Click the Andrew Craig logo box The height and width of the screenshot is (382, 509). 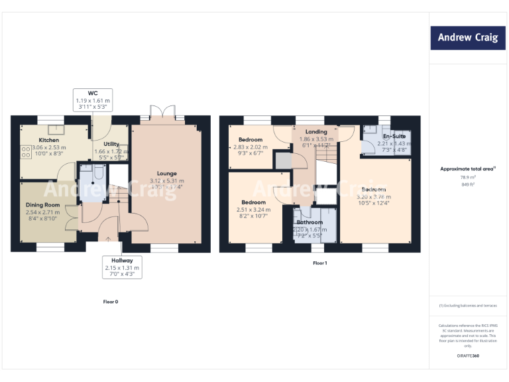(467, 38)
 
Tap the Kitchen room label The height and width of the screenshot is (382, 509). (48, 141)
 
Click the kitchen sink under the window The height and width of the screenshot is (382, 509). (56, 129)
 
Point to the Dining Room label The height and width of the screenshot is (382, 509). (43, 205)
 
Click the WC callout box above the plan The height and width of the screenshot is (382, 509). (93, 99)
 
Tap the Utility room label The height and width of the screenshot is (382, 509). (111, 144)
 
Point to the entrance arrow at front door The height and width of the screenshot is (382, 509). (109, 237)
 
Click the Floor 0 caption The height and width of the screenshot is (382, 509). (111, 302)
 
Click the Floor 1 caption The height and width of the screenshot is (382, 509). (320, 263)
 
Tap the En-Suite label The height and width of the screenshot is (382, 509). (394, 136)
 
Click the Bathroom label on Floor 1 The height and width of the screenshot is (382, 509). (310, 222)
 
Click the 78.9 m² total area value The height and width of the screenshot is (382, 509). (468, 178)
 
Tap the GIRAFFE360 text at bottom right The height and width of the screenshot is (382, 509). (468, 357)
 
